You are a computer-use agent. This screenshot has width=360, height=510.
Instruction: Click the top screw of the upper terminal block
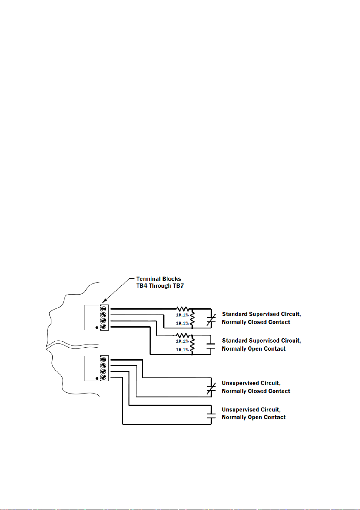[x=104, y=308]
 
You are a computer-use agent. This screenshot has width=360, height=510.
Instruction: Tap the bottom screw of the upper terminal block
[x=104, y=327]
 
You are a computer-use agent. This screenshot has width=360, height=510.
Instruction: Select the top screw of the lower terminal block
[x=104, y=359]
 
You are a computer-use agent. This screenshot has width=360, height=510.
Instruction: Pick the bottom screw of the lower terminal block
[x=104, y=377]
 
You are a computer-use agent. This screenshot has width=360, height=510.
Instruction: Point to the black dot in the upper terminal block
[x=97, y=328]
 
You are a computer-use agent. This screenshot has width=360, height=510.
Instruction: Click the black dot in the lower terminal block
[x=97, y=379]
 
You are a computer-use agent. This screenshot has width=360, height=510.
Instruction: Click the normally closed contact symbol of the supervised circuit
[x=210, y=319]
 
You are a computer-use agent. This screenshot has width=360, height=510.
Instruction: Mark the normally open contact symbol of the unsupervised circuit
[x=210, y=414]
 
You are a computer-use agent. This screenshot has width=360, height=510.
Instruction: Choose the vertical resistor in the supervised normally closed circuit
[x=192, y=319]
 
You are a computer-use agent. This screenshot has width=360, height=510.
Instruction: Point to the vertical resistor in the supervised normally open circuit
[x=192, y=345]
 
